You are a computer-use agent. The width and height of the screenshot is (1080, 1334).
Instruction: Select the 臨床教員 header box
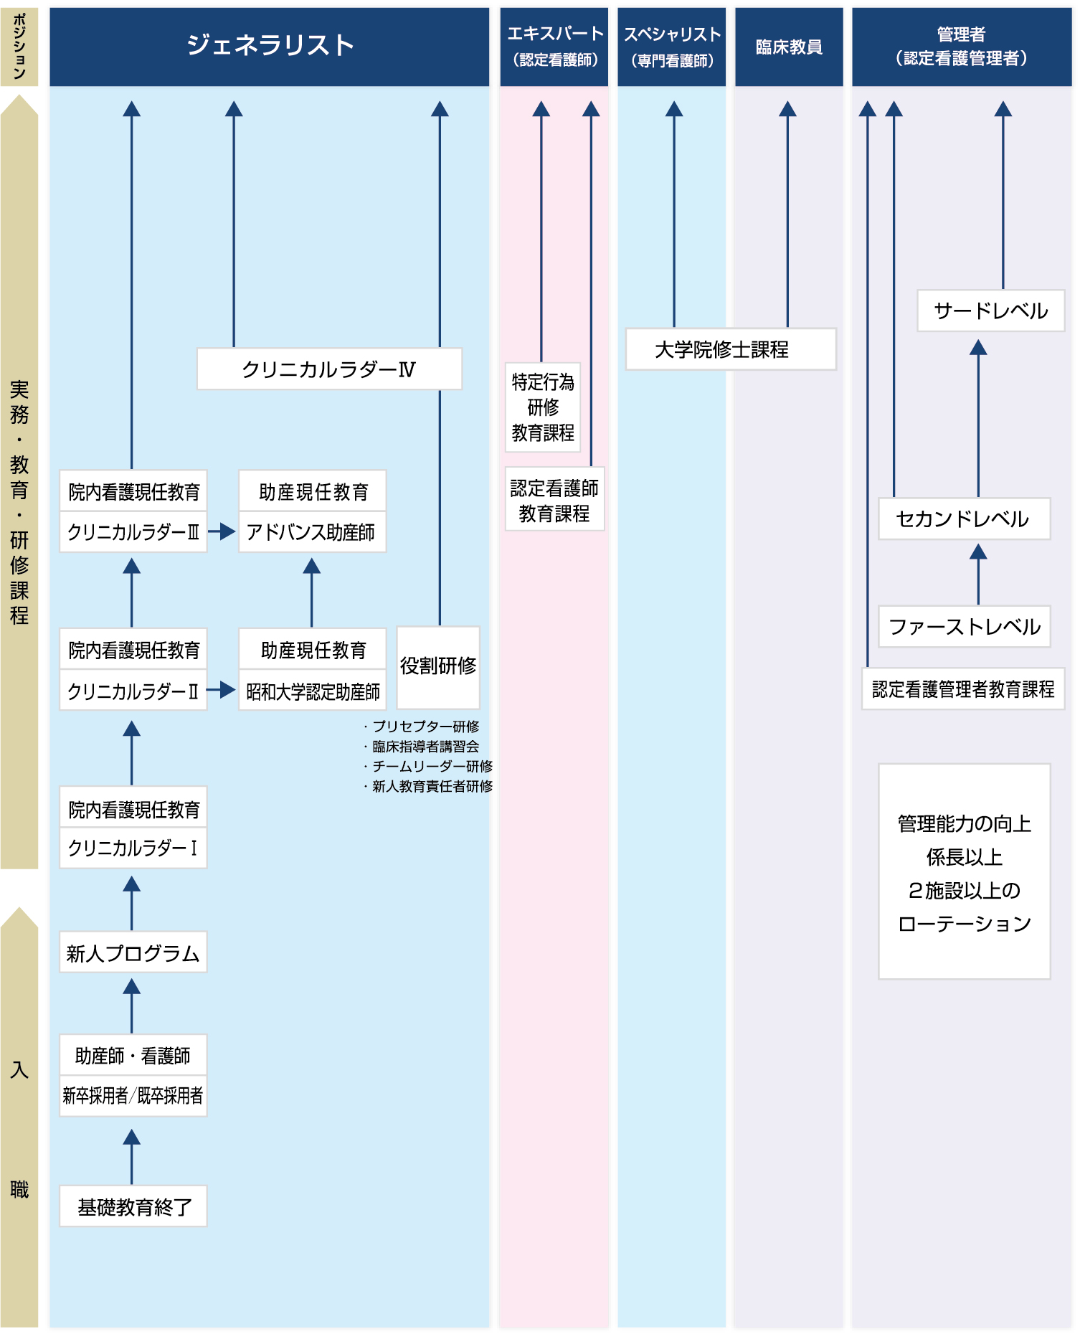(789, 47)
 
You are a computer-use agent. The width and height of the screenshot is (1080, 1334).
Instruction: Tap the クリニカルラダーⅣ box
(329, 369)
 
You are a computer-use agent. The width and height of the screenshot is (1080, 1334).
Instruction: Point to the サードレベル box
(990, 311)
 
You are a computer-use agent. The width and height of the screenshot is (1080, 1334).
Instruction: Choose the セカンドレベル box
(964, 519)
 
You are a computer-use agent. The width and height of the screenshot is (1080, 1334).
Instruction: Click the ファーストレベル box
(964, 627)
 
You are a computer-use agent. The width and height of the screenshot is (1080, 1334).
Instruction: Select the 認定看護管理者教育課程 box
(962, 689)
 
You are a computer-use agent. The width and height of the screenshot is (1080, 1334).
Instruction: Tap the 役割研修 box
(438, 666)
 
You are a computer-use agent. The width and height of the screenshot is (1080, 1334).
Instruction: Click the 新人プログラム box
(133, 952)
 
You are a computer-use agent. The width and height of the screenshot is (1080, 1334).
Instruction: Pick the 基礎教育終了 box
(133, 1206)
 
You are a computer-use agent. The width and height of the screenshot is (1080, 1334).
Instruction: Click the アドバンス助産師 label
(311, 532)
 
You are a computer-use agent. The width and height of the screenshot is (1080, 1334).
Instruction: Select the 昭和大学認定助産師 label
(312, 691)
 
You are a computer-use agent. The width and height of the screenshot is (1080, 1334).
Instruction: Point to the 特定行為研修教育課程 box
(543, 407)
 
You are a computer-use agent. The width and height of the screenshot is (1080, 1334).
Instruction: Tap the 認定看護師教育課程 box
(554, 500)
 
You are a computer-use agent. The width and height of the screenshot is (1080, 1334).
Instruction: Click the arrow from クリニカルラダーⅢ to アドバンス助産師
(222, 532)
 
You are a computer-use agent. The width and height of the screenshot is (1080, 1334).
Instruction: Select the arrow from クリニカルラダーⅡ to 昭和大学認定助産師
(221, 690)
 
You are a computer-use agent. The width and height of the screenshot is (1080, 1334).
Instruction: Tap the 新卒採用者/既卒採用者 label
(133, 1095)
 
